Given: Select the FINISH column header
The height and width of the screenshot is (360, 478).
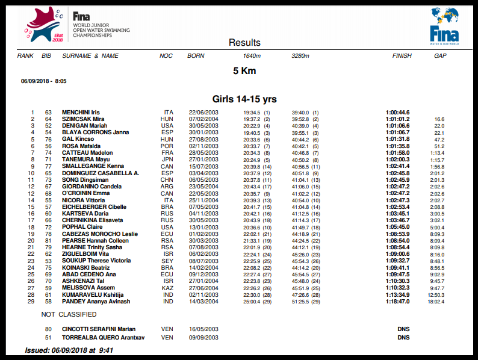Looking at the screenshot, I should (x=402, y=56).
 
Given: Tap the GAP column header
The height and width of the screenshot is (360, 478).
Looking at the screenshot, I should (x=440, y=56).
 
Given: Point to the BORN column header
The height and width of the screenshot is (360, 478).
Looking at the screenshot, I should (x=196, y=56).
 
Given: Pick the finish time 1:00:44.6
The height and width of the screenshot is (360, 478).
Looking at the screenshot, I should (x=397, y=113).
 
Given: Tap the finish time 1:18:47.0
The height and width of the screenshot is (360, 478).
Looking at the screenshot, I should (x=397, y=301).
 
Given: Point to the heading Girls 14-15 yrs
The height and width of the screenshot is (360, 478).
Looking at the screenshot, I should (x=244, y=99).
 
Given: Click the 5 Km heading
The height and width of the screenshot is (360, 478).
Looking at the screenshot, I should (x=244, y=70).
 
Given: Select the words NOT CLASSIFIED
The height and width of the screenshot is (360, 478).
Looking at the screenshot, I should (x=69, y=314).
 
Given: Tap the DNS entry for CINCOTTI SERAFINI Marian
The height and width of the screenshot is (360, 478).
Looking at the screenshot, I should (x=403, y=329).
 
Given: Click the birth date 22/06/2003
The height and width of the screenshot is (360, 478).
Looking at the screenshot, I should (x=203, y=113).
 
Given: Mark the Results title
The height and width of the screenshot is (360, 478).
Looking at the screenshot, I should (x=244, y=43).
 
